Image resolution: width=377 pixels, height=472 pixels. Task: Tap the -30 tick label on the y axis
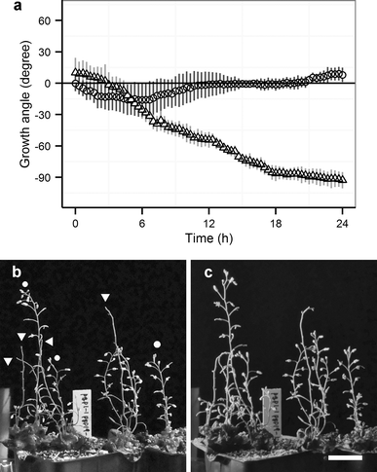(x=42, y=115)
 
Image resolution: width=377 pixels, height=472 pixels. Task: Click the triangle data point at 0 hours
(x=76, y=72)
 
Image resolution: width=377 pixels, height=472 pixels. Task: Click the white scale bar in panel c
(x=345, y=455)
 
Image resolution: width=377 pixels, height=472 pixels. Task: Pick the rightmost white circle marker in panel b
(x=157, y=345)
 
